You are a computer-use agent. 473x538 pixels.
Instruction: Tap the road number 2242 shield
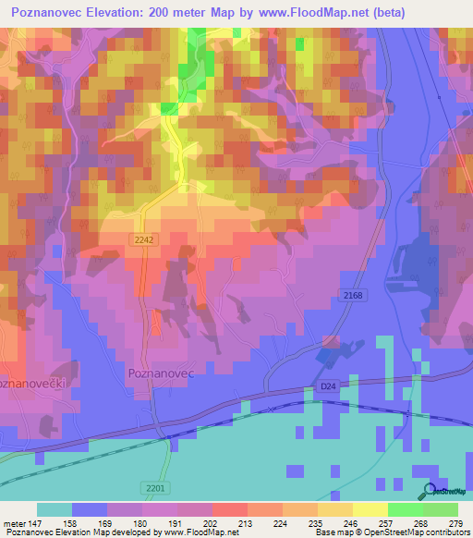[x=141, y=238]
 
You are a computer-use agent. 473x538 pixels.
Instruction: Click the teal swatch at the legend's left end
[x=54, y=509]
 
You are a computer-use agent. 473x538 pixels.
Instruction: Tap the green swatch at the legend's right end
[x=440, y=509]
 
